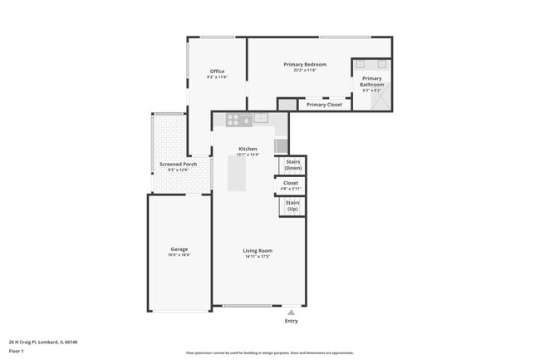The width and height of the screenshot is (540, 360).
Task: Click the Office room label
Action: tap(217, 72)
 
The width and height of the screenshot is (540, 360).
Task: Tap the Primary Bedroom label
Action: tap(304, 65)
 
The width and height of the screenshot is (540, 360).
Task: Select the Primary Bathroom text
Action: tap(371, 81)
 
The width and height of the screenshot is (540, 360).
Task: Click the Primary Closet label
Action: tap(324, 105)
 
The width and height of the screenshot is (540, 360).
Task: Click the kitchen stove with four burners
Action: tap(233, 119)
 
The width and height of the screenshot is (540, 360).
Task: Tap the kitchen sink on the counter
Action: tap(261, 118)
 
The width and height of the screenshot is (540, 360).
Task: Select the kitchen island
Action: tap(238, 173)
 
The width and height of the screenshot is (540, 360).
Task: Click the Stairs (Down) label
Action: tap(292, 165)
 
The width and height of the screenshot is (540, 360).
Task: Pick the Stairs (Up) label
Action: tap(292, 205)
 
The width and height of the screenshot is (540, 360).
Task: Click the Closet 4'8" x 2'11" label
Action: tap(291, 183)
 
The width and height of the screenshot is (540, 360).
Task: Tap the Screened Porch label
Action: tap(179, 164)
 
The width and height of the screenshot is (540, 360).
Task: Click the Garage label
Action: tap(179, 249)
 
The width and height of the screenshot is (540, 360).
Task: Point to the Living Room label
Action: tap(258, 250)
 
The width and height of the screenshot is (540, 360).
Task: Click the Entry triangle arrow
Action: tap(291, 312)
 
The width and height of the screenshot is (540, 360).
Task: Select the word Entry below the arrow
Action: tap(291, 321)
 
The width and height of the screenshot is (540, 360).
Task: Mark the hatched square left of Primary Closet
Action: tap(287, 105)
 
